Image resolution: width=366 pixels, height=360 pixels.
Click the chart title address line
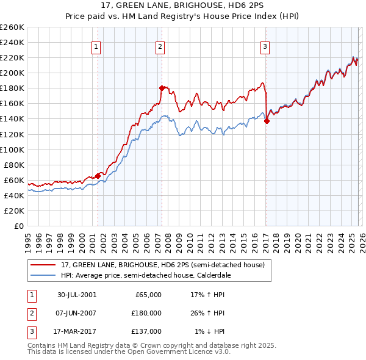pyautogui.click(x=182, y=7)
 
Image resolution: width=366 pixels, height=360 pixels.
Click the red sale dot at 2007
pyautogui.click(x=162, y=88)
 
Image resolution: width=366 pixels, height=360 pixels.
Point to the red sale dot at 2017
pyautogui.click(x=267, y=121)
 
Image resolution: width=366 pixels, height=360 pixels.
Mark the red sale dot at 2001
pyautogui.click(x=98, y=176)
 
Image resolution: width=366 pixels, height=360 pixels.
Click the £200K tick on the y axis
pyautogui.click(x=12, y=73)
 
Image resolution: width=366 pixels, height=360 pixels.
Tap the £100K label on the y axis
pyautogui.click(x=12, y=149)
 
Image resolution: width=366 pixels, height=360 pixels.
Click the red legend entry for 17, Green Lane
pyautogui.click(x=162, y=265)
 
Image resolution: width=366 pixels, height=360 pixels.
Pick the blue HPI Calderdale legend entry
pyautogui.click(x=149, y=275)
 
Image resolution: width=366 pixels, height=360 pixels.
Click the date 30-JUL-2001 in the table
pyautogui.click(x=77, y=295)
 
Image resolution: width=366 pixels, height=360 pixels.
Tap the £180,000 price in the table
pyautogui.click(x=146, y=313)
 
